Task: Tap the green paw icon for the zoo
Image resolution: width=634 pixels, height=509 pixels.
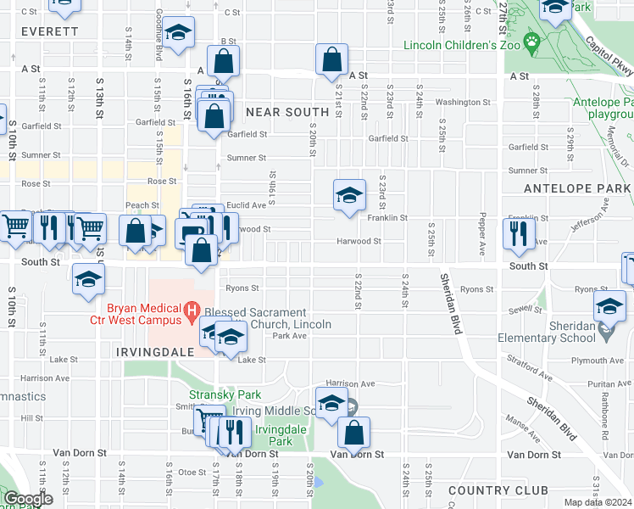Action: tap(532, 41)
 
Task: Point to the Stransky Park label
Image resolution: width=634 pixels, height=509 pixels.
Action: tap(225, 394)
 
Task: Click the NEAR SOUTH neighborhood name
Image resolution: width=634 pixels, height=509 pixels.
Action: tap(286, 112)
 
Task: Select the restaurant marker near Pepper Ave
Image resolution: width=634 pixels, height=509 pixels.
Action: tap(519, 232)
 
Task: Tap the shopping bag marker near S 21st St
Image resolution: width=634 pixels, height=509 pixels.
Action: tap(332, 59)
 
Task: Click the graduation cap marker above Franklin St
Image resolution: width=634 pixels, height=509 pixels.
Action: tap(348, 196)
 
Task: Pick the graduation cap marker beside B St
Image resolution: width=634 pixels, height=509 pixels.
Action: tap(178, 33)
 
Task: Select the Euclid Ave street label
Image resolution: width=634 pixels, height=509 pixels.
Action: tap(247, 205)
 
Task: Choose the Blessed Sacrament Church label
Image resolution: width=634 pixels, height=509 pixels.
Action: tap(268, 318)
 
